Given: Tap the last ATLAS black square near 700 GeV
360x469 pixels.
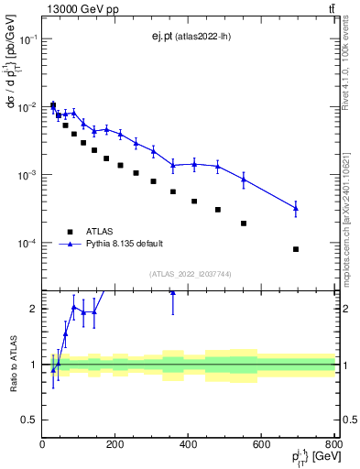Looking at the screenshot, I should point(296,249).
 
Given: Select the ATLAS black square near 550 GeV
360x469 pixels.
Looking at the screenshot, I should point(244,223).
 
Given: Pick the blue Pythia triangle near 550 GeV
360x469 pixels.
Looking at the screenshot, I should point(244,180).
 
